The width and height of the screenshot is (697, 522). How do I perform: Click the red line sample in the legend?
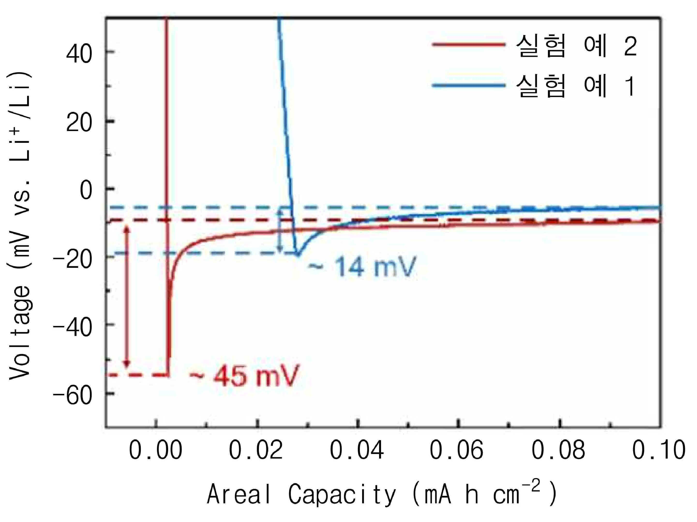(x=469, y=45)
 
